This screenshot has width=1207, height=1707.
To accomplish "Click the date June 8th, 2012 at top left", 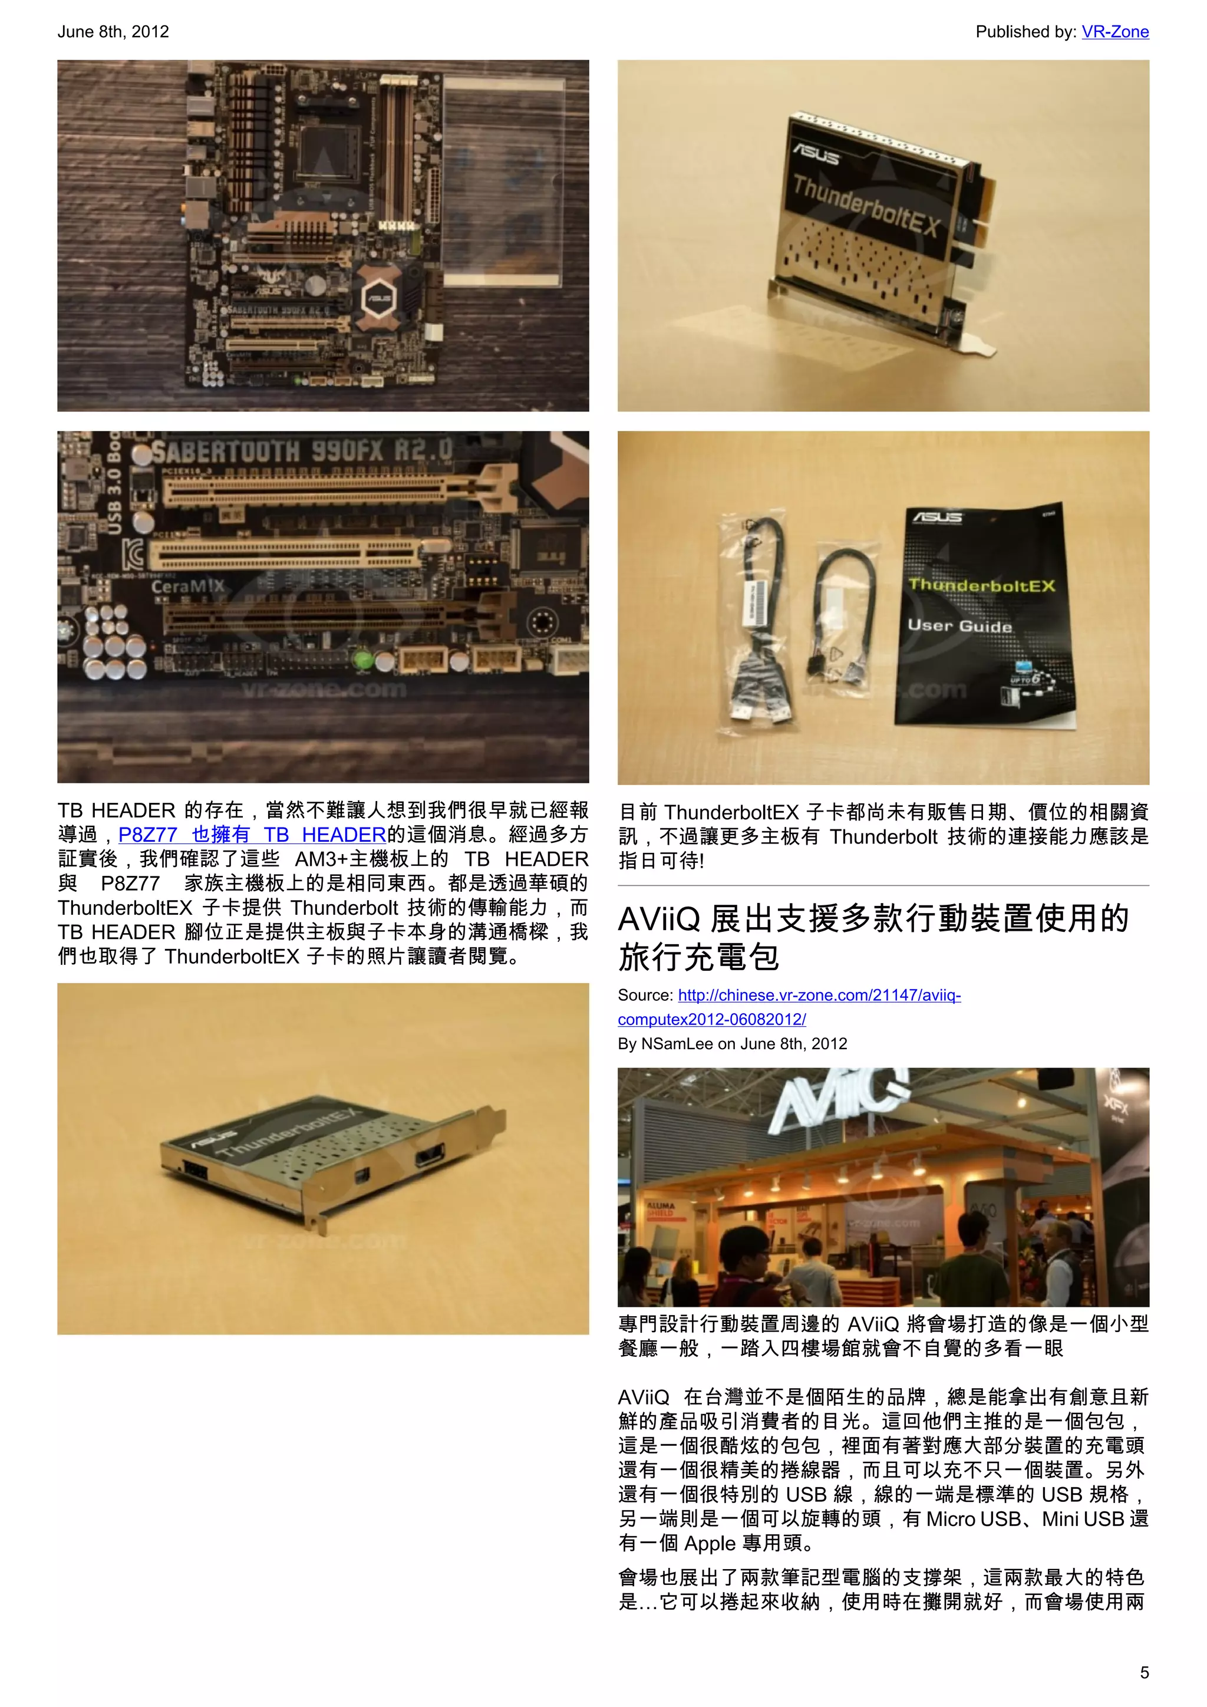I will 113,32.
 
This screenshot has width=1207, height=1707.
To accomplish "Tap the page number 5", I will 1144,1672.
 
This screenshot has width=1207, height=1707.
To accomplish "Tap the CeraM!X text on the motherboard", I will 187,586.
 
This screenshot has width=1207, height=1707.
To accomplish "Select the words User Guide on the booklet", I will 959,625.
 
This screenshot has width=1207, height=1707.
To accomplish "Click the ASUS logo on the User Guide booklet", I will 937,518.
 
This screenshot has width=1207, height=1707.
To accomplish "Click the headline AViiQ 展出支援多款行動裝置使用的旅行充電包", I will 873,937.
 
